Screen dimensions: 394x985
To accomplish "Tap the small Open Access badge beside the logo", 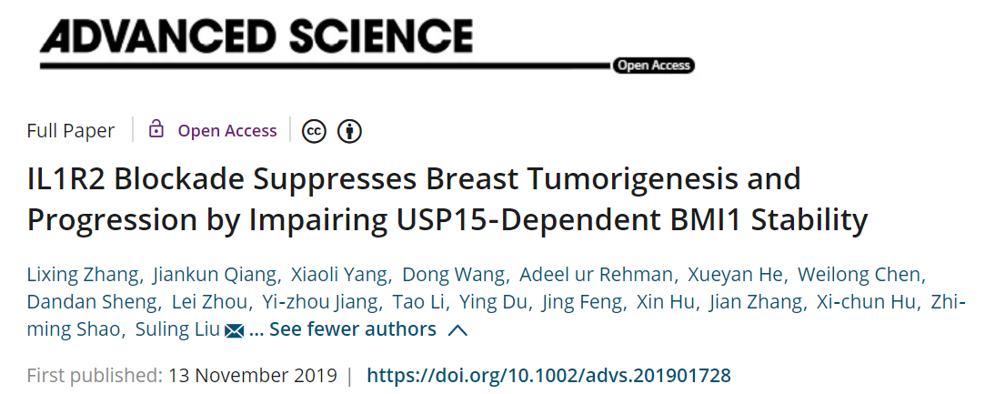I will coord(653,65).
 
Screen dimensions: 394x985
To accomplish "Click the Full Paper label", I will coord(71,131).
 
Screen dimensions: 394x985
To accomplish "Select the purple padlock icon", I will coord(156,129).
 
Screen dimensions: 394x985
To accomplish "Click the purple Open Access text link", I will coord(227,131).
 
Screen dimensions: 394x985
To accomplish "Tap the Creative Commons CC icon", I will coord(315,131).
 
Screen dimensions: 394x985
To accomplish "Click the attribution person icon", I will coord(349,131).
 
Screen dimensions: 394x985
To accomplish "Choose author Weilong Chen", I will coord(875,275).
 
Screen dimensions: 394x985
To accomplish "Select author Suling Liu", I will coord(178,329).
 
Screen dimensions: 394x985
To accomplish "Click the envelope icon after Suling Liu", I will coord(234,330).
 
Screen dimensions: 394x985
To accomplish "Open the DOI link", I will coord(548,375).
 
